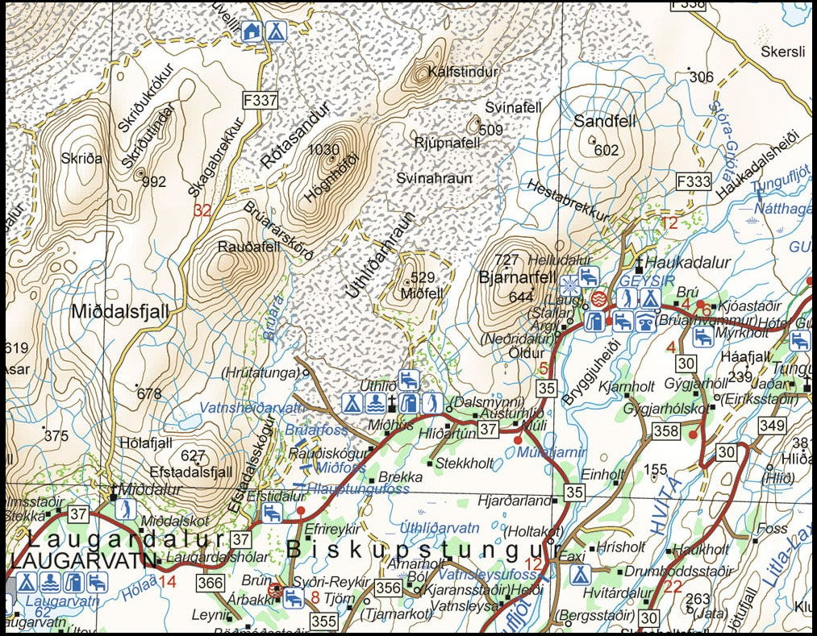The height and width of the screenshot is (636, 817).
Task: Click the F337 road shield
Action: (260, 101)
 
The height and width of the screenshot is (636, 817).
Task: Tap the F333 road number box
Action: (693, 181)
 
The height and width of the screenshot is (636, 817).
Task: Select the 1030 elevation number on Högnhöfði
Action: (323, 149)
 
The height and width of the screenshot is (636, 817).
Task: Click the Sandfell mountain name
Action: (605, 122)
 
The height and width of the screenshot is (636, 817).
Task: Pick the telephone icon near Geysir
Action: (646, 321)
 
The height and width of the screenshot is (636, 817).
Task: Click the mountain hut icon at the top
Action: (252, 31)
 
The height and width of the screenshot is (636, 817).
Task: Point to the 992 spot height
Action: (153, 181)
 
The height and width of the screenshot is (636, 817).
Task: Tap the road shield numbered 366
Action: (211, 583)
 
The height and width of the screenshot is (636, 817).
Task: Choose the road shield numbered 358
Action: (666, 431)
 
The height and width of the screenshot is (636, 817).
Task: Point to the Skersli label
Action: (782, 52)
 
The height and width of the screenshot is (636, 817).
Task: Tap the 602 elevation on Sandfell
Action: (606, 150)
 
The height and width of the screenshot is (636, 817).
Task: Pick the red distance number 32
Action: (202, 210)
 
